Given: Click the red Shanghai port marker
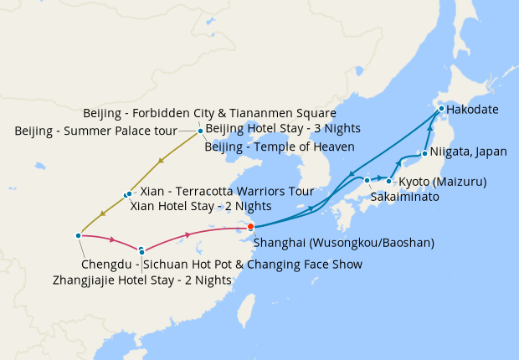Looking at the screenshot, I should [x=251, y=226].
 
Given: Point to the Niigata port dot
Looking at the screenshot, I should [x=425, y=153].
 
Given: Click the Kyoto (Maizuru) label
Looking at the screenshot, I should [x=442, y=182].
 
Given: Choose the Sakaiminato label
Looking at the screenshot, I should [x=405, y=198].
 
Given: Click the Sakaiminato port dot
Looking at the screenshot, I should [x=367, y=180].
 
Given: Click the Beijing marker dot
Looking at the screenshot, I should [x=200, y=131].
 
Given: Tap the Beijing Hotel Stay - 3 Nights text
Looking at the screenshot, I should [x=283, y=129].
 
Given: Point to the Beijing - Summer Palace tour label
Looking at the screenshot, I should [x=96, y=131].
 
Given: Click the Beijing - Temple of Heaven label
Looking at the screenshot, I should [x=280, y=147].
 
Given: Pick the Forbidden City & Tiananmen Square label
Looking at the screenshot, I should [x=210, y=113].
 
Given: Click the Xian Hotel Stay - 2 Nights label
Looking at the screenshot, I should [x=201, y=206].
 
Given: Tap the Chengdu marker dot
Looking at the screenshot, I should [x=77, y=235].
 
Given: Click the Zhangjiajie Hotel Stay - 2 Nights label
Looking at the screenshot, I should [x=141, y=280].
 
